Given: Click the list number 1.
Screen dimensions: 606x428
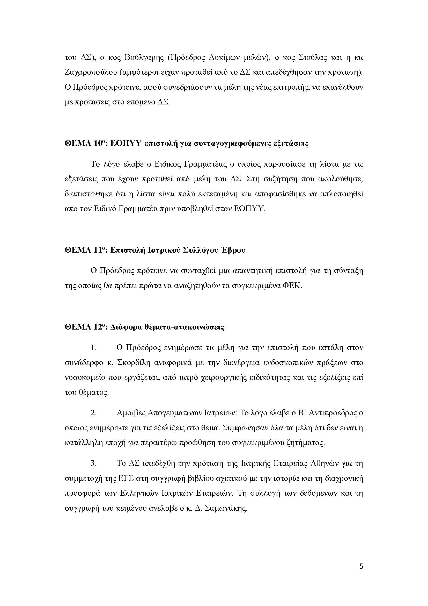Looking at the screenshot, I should click(94, 348).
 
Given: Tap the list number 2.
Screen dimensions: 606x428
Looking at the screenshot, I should click(94, 413).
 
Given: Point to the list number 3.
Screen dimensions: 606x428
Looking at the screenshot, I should click(94, 464).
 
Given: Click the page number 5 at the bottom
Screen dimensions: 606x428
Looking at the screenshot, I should click(361, 573).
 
